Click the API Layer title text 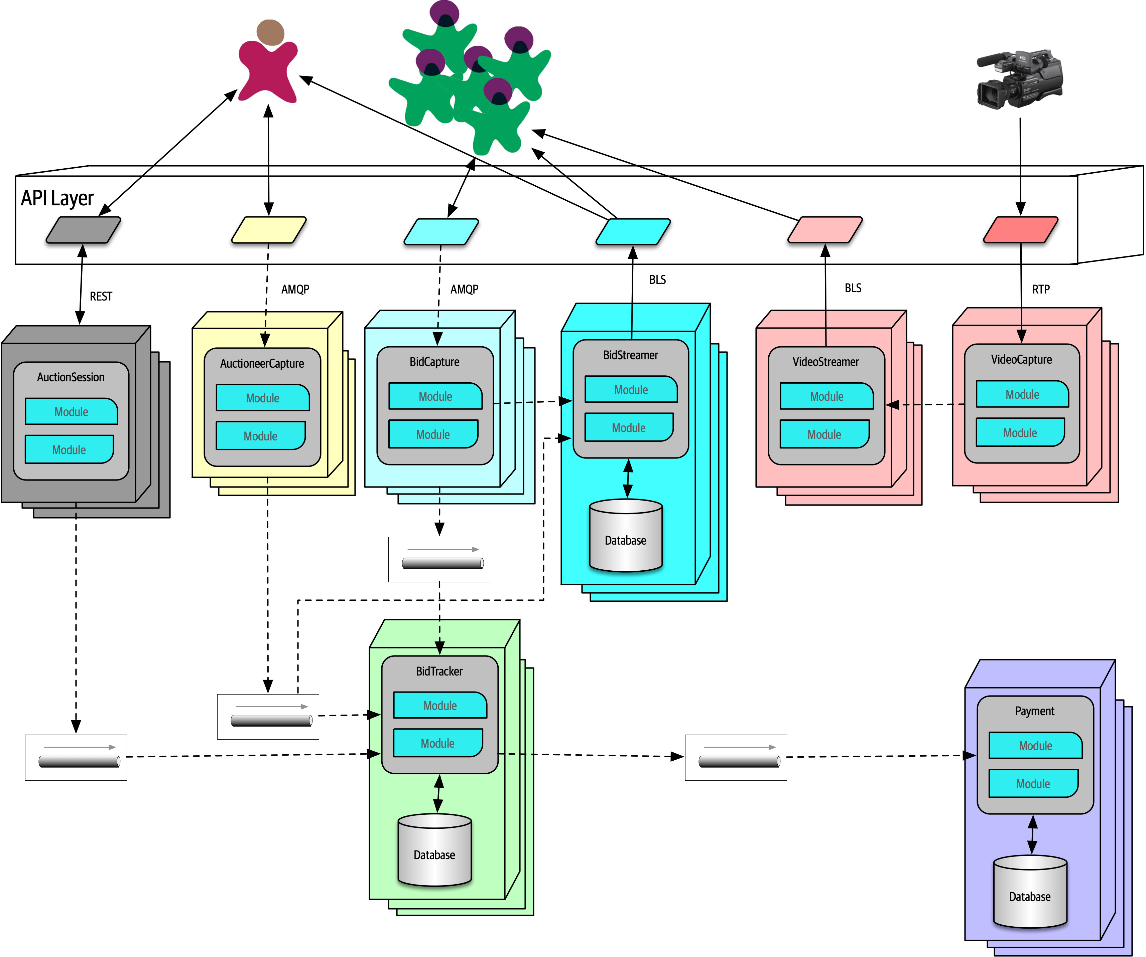click(57, 198)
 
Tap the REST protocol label click(101, 296)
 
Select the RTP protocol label click(1041, 289)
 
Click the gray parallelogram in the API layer click(83, 230)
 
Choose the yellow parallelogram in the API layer click(268, 230)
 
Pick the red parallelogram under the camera click(1020, 230)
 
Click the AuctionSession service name click(71, 377)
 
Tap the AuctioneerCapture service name click(262, 363)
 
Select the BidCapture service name click(434, 362)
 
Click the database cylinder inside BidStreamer click(626, 536)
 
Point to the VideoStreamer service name click(826, 362)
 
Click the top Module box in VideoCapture click(1022, 394)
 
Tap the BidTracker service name click(439, 671)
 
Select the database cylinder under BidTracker click(434, 849)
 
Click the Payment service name click(1035, 711)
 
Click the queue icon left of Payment click(736, 757)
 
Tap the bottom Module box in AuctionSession click(69, 449)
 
